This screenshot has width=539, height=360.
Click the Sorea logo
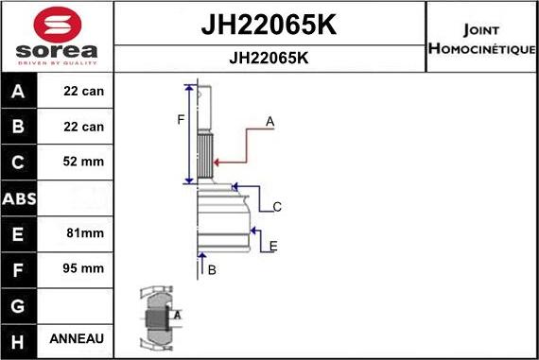[x=56, y=37]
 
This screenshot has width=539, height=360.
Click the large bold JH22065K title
[x=269, y=26]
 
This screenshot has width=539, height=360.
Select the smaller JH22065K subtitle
[x=269, y=57]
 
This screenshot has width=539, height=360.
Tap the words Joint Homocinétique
[x=482, y=37]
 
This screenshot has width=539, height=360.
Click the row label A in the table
[x=20, y=92]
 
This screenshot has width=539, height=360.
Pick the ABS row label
[x=20, y=197]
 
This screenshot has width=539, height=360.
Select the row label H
[x=20, y=338]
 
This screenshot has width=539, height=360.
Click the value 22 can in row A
[x=83, y=92]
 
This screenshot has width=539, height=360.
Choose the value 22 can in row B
[x=83, y=127]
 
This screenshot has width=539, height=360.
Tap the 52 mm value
[x=83, y=162]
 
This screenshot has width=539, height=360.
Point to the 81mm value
[x=83, y=232]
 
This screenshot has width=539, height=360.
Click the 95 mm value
[x=83, y=267]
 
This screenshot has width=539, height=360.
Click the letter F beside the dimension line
[x=181, y=119]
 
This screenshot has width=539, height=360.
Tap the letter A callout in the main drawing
[x=269, y=121]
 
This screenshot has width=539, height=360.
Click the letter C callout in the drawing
[x=277, y=206]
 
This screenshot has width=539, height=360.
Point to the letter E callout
[x=273, y=247]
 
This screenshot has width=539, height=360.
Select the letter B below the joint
[x=212, y=269]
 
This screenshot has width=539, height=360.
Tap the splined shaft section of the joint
[x=203, y=157]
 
